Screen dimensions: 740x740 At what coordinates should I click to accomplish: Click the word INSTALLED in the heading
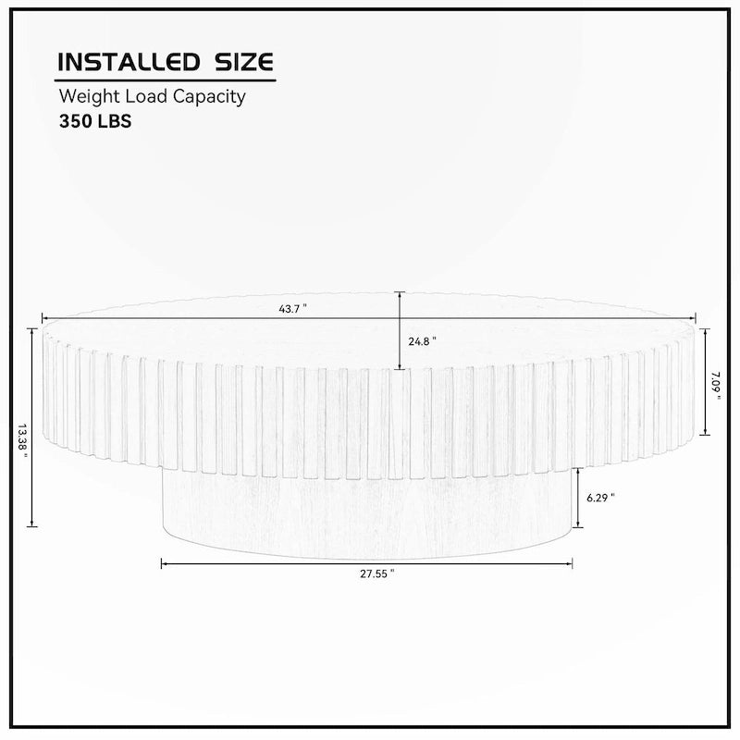(x=129, y=62)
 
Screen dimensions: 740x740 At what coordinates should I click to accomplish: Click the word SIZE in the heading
(x=244, y=62)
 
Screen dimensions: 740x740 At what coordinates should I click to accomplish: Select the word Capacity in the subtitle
(x=209, y=97)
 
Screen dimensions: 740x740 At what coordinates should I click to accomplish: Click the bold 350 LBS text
(x=95, y=121)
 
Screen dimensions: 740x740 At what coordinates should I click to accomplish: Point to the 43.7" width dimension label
(x=292, y=309)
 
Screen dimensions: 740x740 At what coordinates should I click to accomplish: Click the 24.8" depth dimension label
(x=422, y=341)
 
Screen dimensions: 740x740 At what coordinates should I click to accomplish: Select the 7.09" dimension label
(x=716, y=386)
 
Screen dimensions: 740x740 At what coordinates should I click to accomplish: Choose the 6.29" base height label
(x=600, y=498)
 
